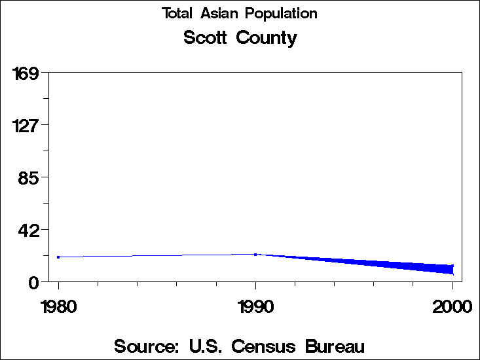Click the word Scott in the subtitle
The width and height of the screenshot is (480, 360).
click(205, 38)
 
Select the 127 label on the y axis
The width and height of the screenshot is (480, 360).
click(26, 125)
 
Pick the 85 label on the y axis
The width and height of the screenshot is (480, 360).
click(30, 177)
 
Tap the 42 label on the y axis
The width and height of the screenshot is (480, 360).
click(30, 230)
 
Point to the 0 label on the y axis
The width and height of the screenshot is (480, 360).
click(35, 282)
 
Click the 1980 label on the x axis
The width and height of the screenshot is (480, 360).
click(58, 306)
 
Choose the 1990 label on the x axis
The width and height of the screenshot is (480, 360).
click(255, 306)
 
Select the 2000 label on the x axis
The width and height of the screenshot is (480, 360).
click(452, 306)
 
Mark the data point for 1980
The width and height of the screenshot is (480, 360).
click(58, 257)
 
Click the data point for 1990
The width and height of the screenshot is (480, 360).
click(255, 254)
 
